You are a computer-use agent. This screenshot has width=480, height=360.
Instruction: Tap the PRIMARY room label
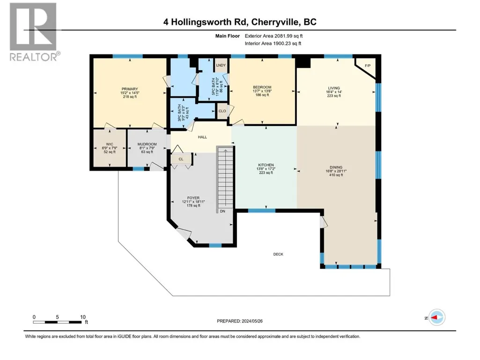[130, 89]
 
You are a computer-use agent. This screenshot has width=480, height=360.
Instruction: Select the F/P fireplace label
[368, 66]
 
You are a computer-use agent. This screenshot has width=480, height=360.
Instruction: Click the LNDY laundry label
[221, 65]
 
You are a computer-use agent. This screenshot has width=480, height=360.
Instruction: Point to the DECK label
[278, 254]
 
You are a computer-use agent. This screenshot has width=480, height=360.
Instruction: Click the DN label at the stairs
[222, 211]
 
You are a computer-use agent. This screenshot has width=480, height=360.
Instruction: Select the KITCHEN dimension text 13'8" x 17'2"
[266, 169]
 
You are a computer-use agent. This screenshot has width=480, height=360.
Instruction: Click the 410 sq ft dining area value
[336, 175]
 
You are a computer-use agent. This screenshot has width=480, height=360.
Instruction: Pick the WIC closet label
[110, 144]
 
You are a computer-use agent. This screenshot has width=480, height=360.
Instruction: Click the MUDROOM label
[147, 144]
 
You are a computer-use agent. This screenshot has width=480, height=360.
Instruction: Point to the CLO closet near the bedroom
[222, 111]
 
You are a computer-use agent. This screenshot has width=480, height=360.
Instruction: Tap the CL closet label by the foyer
[181, 159]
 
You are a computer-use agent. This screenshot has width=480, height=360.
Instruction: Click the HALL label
[202, 137]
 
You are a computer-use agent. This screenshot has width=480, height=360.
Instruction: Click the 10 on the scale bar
[82, 317]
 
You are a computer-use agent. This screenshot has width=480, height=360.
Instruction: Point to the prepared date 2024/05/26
[252, 321]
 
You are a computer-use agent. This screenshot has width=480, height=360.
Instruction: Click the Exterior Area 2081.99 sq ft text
[273, 36]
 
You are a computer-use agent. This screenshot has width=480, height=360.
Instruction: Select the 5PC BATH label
[214, 86]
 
